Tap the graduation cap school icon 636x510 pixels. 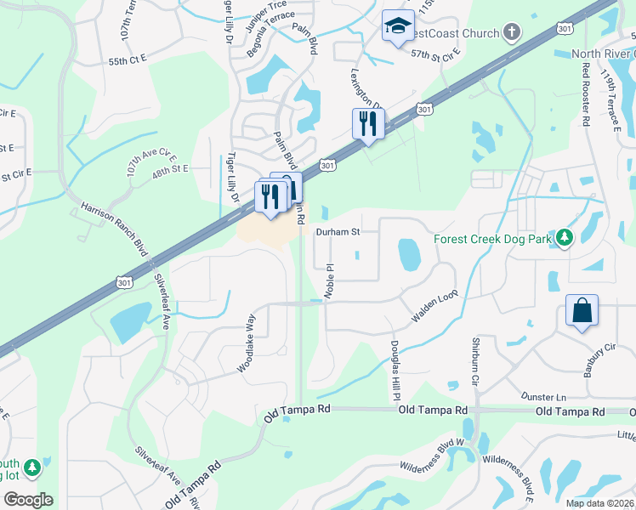tap(397, 26)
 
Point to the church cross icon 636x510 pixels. tap(510, 32)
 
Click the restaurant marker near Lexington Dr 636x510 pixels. tap(368, 124)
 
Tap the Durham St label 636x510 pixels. tap(338, 231)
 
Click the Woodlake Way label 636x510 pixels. tap(247, 343)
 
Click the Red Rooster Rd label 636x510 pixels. tap(585, 98)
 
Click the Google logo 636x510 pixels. tap(28, 500)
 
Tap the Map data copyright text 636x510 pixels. tap(599, 503)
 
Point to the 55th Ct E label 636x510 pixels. tap(128, 62)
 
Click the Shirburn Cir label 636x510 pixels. tap(476, 362)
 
